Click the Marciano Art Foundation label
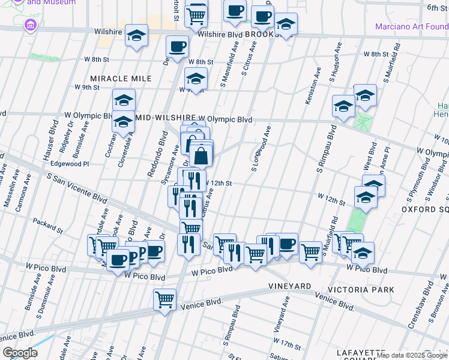411,26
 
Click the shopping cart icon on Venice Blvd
164,299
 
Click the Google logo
20,353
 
